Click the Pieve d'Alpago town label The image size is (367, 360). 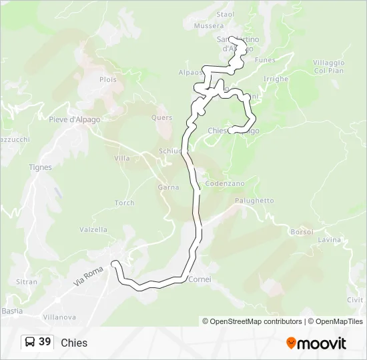point(75,119)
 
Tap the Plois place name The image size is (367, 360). point(108,79)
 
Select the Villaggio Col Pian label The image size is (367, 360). point(328,67)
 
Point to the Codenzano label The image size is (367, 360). point(225,183)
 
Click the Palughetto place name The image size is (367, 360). point(254,201)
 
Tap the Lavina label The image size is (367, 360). point(329,240)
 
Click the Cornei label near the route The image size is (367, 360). point(200,279)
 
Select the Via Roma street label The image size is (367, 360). point(89,274)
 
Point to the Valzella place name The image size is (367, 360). point(93,229)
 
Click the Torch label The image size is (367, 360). point(125,203)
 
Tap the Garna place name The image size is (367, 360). point(168,187)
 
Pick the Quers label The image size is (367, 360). point(162,117)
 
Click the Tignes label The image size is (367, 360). point(40,167)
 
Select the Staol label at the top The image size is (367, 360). point(226,14)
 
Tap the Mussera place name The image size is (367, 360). point(209,26)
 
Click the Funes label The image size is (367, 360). point(265,60)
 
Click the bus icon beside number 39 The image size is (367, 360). point(30,342)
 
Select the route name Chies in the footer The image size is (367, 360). point(74,343)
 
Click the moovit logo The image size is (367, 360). point(316,343)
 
